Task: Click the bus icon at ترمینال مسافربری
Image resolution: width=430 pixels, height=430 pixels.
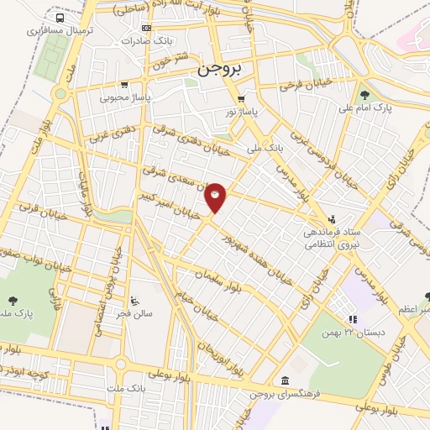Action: (x=59, y=17)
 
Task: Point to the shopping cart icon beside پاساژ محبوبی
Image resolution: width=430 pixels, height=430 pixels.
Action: (x=124, y=84)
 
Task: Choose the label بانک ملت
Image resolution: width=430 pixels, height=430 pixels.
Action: (x=127, y=389)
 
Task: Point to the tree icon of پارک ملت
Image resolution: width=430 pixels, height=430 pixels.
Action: (x=13, y=300)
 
